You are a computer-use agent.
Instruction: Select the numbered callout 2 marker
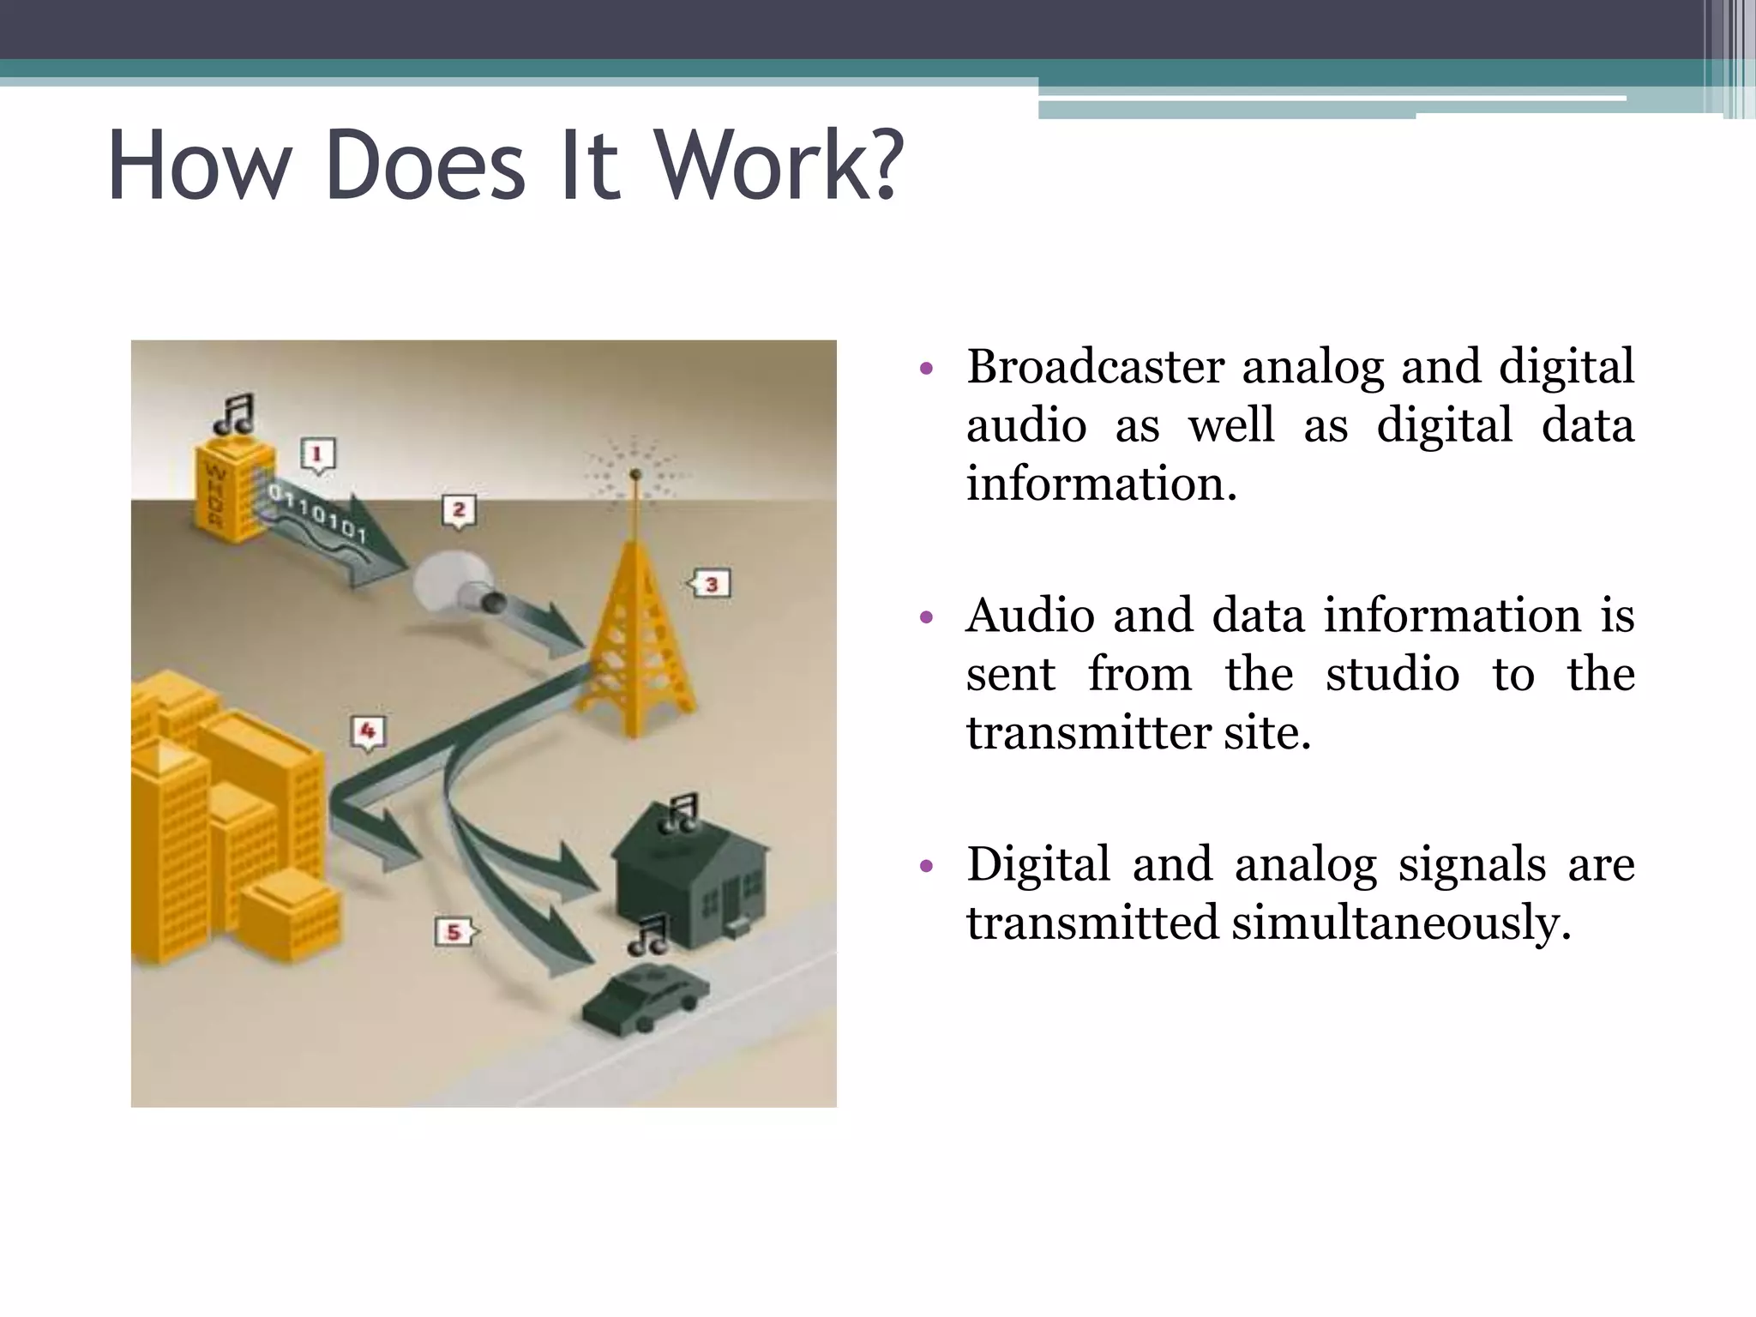coord(459,511)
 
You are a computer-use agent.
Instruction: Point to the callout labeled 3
coord(710,585)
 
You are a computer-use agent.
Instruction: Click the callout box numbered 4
coord(368,732)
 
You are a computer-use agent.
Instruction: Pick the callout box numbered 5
coord(454,932)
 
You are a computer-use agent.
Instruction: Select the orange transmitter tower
coord(634,634)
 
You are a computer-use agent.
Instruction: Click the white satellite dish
coord(450,581)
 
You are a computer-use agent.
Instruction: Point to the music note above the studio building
coord(234,414)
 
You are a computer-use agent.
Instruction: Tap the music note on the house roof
coord(682,813)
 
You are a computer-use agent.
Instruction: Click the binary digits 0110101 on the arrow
coord(317,513)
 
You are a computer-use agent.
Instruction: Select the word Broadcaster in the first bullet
coord(1095,367)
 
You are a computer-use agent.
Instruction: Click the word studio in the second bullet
coord(1392,674)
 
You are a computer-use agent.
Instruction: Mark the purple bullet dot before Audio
coord(925,617)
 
